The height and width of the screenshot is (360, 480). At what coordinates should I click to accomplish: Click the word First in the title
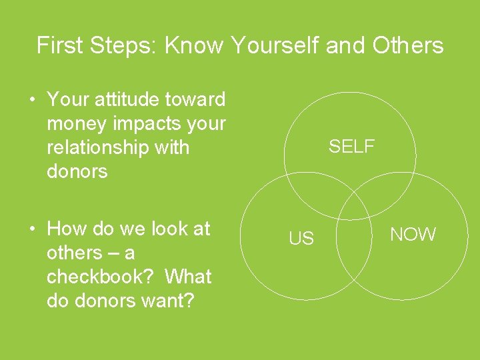(60, 45)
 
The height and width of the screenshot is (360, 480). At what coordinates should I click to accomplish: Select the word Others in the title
(408, 45)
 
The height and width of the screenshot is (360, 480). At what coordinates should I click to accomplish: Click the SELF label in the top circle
(351, 147)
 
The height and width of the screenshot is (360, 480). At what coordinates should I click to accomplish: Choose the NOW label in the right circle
(413, 235)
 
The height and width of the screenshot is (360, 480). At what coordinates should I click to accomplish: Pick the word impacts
(145, 124)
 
